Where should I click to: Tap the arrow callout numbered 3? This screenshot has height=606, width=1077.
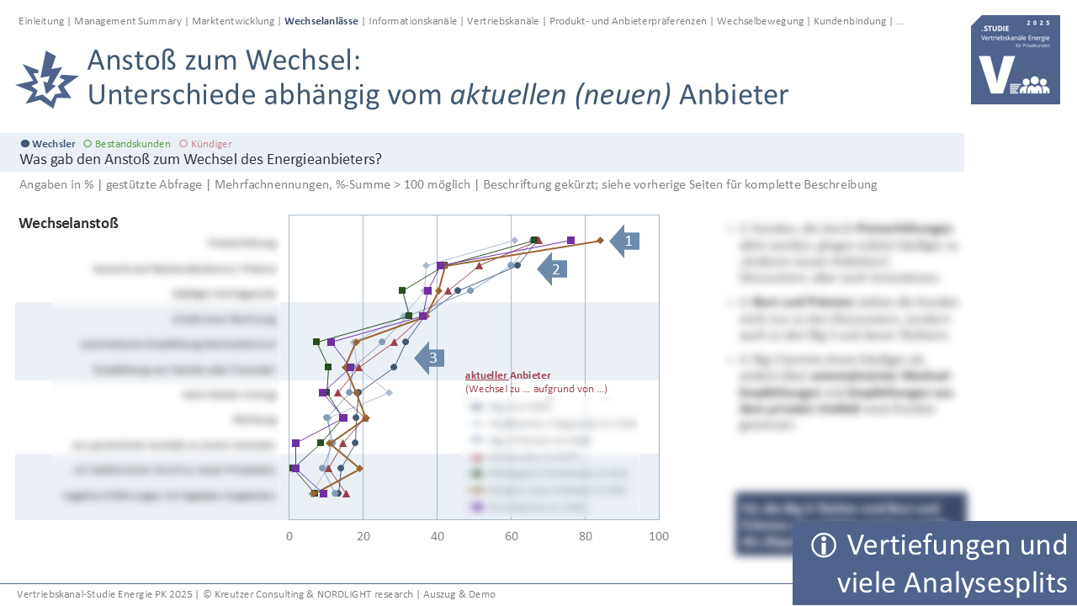(x=431, y=358)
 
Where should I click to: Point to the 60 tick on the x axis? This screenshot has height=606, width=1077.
(x=511, y=536)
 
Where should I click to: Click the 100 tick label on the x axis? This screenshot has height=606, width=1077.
(x=658, y=536)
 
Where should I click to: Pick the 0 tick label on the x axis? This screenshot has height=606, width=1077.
(x=289, y=536)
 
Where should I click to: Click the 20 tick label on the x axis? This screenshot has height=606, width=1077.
(x=363, y=536)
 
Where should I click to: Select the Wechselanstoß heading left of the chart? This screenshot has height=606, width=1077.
(x=68, y=223)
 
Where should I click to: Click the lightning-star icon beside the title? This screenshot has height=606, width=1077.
(x=46, y=79)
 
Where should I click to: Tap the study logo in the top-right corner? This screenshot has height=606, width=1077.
(x=1015, y=60)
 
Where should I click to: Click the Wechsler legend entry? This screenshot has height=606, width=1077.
(x=48, y=144)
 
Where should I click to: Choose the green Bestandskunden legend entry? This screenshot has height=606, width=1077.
(x=127, y=144)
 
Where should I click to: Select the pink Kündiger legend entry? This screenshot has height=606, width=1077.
(x=206, y=144)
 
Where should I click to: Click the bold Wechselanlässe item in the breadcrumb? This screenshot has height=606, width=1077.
(x=321, y=21)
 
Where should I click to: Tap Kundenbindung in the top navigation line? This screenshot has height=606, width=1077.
(x=850, y=21)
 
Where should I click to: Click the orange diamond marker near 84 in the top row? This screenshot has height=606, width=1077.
(x=600, y=241)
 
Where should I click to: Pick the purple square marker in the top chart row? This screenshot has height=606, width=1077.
(x=571, y=241)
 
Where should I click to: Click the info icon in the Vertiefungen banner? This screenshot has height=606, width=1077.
(x=824, y=545)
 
